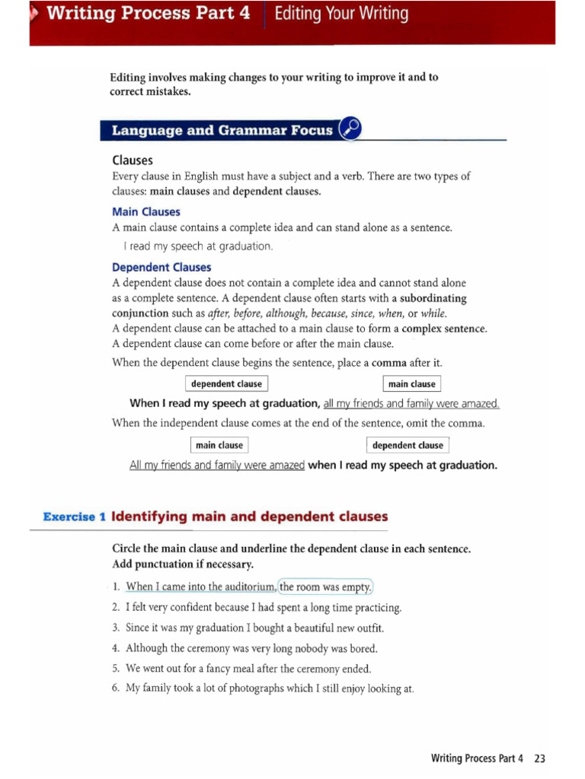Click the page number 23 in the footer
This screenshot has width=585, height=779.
click(x=540, y=758)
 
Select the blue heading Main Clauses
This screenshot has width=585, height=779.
click(x=145, y=211)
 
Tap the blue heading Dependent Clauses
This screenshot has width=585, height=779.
click(x=161, y=267)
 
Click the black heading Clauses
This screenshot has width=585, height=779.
click(x=132, y=161)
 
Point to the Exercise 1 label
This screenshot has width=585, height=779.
click(x=74, y=517)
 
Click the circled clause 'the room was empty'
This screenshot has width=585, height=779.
click(x=326, y=587)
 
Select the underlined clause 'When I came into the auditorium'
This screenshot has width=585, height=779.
click(x=200, y=587)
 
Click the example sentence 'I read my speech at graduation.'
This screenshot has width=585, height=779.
click(x=198, y=246)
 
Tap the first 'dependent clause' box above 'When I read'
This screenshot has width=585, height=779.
click(x=226, y=384)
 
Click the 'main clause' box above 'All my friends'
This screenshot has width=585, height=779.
click(x=219, y=445)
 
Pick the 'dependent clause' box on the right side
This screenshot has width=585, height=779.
click(x=408, y=445)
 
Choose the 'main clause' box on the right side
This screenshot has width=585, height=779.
click(x=411, y=384)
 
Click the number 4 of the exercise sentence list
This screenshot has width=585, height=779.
click(x=116, y=649)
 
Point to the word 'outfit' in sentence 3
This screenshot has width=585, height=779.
click(x=369, y=628)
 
